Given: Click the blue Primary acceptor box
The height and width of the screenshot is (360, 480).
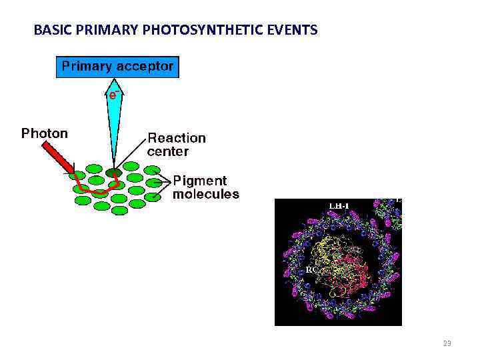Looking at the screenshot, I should [x=117, y=67].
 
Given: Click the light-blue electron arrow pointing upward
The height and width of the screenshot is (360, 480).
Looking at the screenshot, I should [x=114, y=127].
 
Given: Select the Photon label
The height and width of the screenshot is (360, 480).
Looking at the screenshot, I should [x=45, y=133].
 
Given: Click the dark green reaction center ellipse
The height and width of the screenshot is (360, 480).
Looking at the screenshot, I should [x=113, y=172].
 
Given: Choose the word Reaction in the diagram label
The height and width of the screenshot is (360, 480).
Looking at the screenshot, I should [x=177, y=138].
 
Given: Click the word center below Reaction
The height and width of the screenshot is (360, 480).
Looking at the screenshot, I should [x=168, y=152].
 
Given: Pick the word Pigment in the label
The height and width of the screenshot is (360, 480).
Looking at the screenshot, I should [x=200, y=181].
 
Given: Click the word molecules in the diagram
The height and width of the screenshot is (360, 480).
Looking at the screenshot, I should [x=205, y=195].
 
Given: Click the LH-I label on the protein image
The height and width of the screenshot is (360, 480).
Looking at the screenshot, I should [x=339, y=205].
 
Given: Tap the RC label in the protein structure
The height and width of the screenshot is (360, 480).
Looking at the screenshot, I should [x=311, y=270].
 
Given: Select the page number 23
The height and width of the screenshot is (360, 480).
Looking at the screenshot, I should [x=447, y=343].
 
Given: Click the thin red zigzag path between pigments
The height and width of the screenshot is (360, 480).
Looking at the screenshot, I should [x=93, y=187].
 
